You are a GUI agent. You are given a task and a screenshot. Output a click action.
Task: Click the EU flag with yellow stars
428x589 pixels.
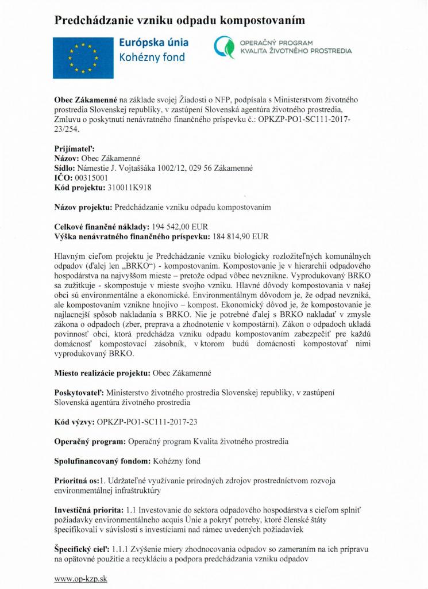point(83,57)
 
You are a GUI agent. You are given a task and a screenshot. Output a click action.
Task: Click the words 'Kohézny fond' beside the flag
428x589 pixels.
point(152,58)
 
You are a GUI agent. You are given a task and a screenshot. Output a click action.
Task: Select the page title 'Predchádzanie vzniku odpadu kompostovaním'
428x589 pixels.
point(179,20)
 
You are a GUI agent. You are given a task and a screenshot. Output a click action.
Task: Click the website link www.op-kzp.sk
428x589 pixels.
point(80,579)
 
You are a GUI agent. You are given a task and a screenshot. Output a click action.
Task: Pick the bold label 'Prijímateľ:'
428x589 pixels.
point(74,148)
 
